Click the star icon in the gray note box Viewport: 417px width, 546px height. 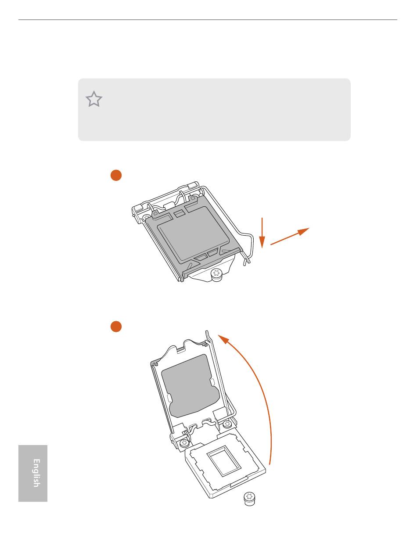(x=94, y=99)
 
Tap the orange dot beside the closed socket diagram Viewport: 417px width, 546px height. (x=116, y=175)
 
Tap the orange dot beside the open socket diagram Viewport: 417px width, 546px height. (x=116, y=327)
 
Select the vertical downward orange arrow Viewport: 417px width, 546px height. (x=262, y=233)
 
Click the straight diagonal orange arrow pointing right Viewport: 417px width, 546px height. (x=290, y=236)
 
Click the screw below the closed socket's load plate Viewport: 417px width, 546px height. (x=216, y=275)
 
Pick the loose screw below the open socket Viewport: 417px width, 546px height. (x=249, y=499)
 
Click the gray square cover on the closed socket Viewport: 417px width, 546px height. (x=194, y=233)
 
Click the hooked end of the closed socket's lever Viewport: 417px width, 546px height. (x=247, y=261)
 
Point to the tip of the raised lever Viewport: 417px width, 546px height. (x=207, y=332)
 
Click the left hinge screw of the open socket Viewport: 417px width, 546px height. (x=184, y=442)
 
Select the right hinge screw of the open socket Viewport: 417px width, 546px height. (x=226, y=424)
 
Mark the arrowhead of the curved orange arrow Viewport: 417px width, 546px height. (x=223, y=339)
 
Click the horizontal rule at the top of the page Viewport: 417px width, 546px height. (x=208, y=19)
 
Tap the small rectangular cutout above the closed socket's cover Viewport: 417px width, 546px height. (x=179, y=213)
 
